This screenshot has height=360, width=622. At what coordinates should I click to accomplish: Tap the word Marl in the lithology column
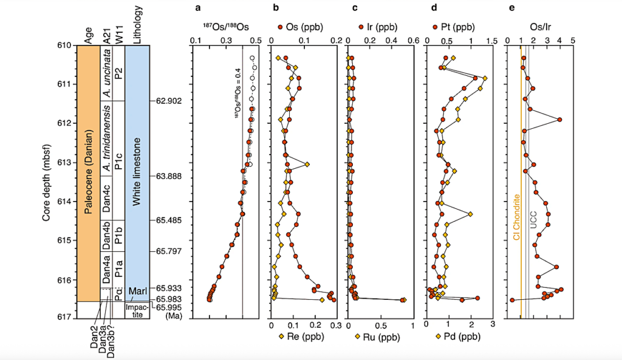point(138,292)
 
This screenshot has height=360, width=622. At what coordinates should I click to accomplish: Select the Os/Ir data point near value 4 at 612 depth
point(559,120)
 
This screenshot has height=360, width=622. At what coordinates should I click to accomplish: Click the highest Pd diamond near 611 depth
point(485,78)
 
